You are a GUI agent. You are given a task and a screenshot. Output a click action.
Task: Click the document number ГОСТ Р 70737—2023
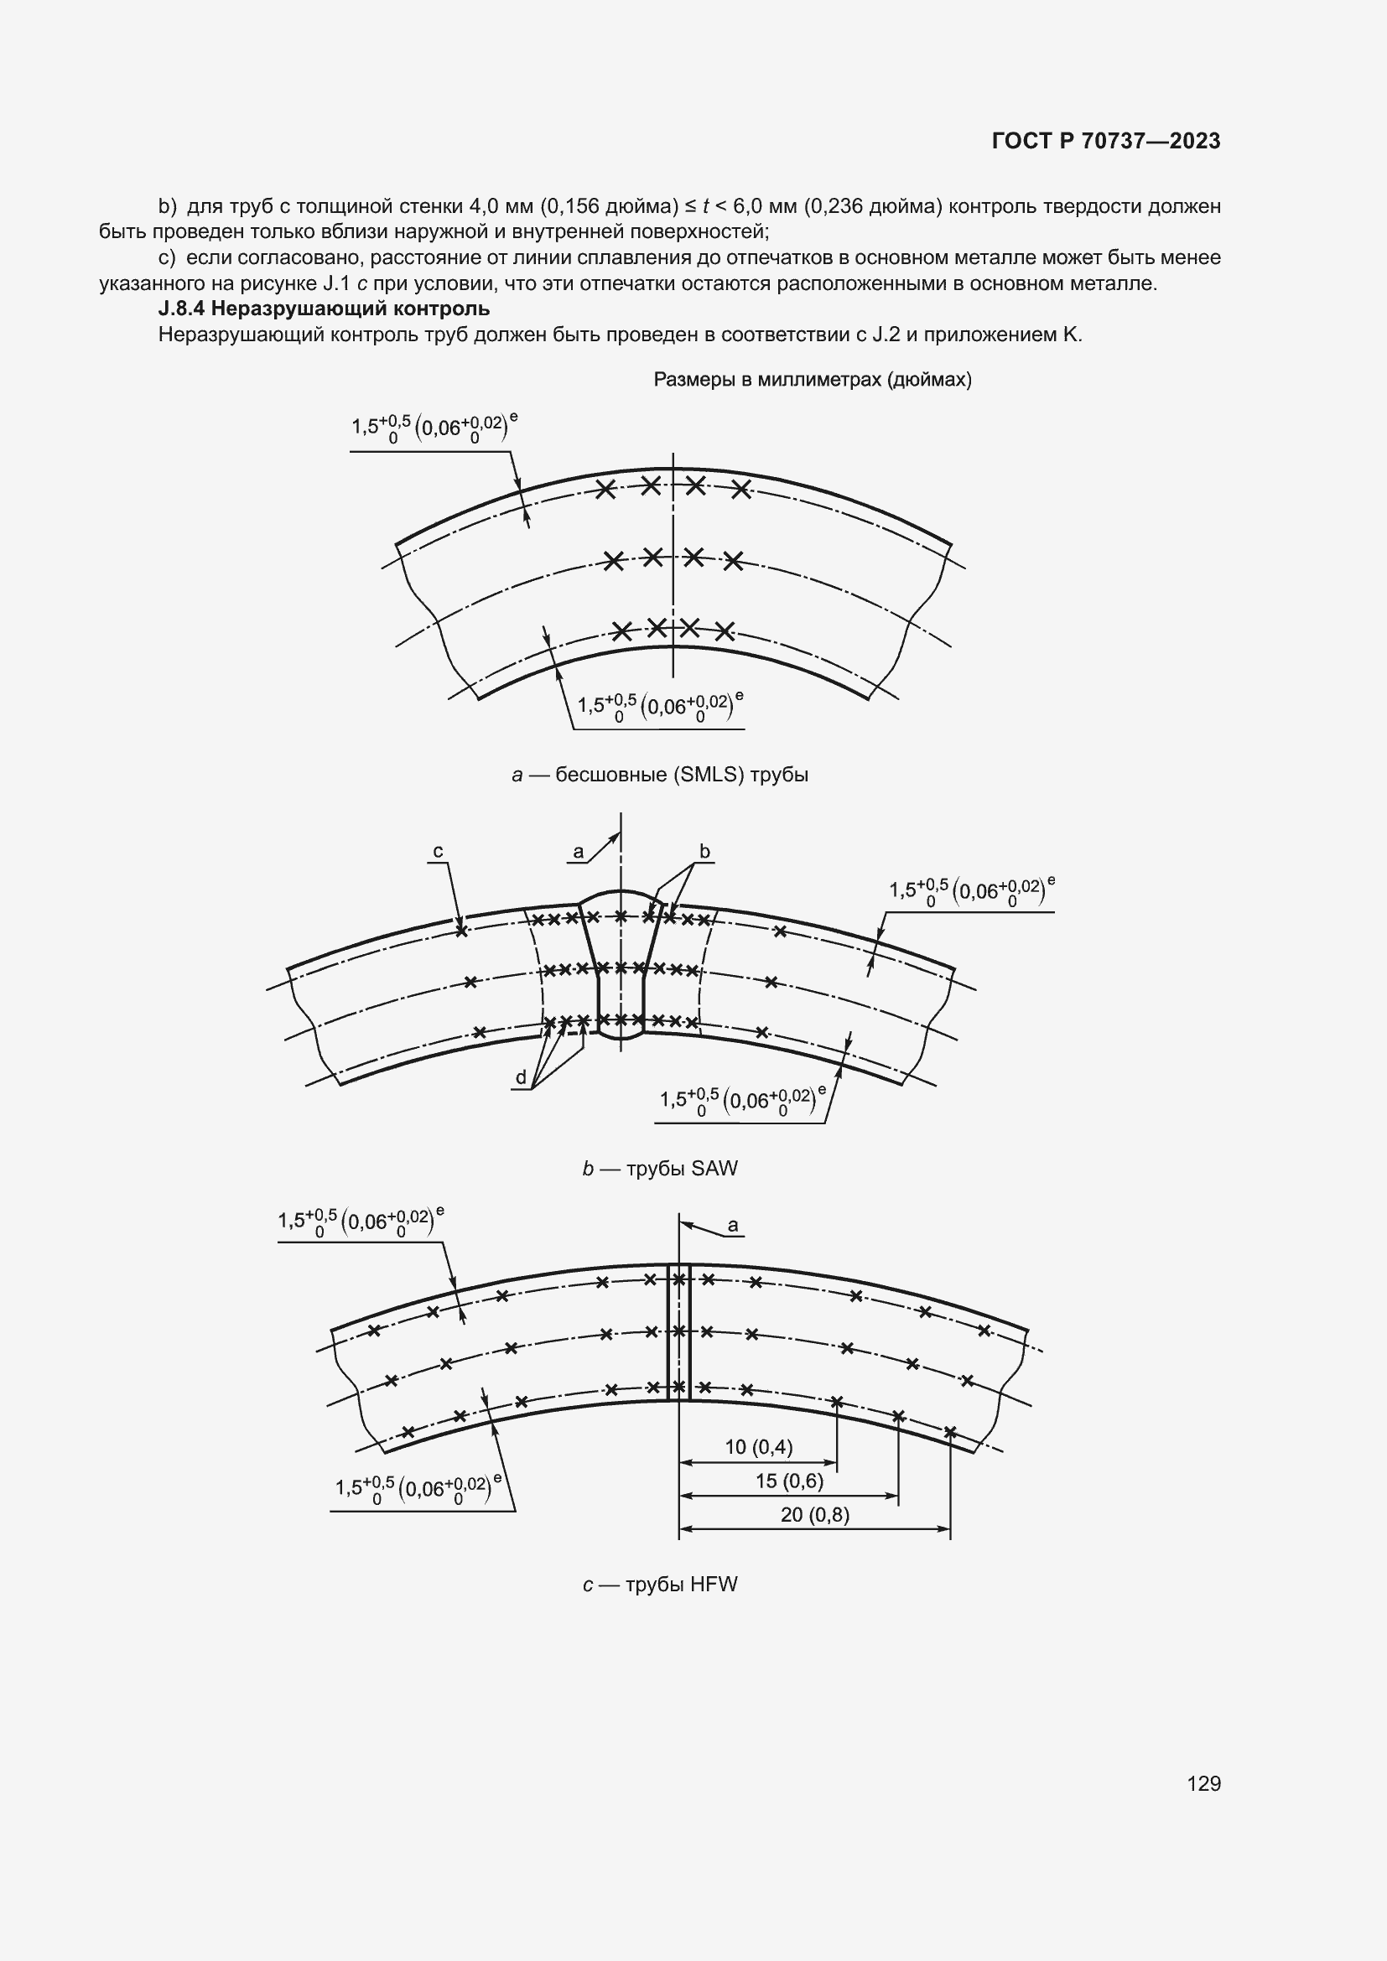click(1106, 141)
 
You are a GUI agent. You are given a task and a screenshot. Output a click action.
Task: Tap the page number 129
click(1203, 1783)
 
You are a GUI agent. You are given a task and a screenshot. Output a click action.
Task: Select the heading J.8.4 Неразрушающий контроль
click(324, 309)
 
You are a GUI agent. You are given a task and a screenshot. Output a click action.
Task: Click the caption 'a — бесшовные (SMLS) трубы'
click(659, 775)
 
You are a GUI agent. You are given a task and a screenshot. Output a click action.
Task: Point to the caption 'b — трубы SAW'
click(659, 1168)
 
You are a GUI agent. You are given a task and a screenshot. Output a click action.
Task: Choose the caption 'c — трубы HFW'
click(659, 1585)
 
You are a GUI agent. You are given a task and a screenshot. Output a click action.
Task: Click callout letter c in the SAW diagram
click(438, 852)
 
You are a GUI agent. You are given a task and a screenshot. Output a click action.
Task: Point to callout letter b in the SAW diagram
click(704, 851)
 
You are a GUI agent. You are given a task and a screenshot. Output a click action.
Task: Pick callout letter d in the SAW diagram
click(521, 1078)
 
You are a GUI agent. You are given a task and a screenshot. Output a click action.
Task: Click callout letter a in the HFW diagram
click(733, 1227)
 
